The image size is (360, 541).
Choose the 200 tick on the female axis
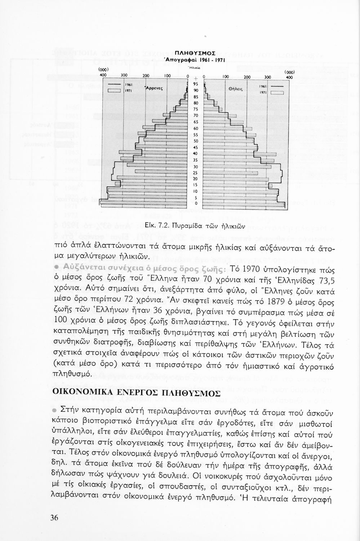coord(247,77)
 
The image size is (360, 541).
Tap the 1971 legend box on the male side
coord(116,91)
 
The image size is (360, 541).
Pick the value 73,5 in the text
coord(325,281)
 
